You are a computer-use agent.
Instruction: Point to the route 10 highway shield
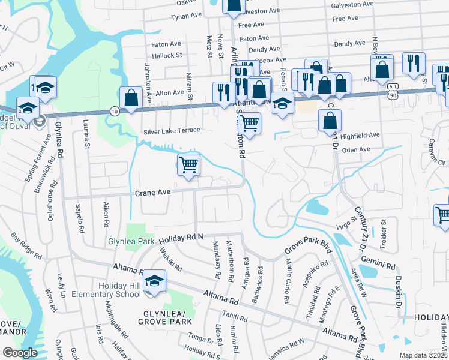pos(114,110)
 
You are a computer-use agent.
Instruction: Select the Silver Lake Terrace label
pos(171,130)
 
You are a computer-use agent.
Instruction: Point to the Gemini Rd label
pos(378,265)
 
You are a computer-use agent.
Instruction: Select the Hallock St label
pos(167,55)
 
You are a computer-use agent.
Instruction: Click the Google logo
pos(20,353)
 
